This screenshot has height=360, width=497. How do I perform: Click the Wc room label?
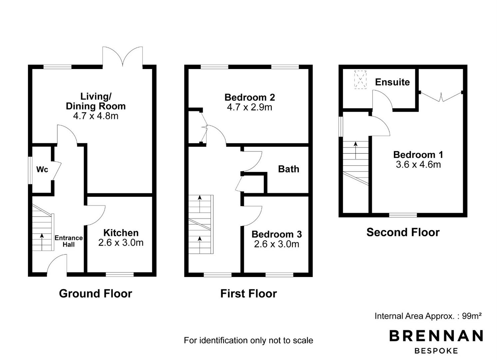tap(42, 169)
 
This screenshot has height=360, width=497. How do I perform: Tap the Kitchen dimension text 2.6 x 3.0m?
tap(121, 243)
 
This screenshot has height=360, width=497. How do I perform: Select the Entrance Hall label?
tap(69, 241)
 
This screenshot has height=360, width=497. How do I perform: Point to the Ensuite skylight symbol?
tap(360, 80)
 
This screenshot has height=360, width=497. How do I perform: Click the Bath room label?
tap(288, 169)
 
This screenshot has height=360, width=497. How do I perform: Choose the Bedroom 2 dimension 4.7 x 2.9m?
tap(249, 107)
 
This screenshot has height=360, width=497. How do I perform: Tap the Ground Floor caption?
tap(95, 293)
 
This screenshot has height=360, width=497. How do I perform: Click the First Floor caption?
tap(248, 293)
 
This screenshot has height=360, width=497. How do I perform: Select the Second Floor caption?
tap(403, 232)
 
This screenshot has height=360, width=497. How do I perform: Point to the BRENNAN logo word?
tap(436, 336)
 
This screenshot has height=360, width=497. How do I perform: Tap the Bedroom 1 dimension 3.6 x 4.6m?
tap(418, 165)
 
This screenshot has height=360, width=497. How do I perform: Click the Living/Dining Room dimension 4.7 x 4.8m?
tap(96, 116)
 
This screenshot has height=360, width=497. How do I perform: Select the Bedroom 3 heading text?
tap(277, 234)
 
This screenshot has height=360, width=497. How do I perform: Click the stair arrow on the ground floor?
tap(42, 242)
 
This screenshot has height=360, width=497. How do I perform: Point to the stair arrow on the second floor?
tap(356, 150)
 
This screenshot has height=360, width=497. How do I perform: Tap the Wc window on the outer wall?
tap(30, 170)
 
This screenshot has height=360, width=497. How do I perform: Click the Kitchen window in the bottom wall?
tap(120, 274)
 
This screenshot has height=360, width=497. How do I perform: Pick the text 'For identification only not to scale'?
tap(248, 340)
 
